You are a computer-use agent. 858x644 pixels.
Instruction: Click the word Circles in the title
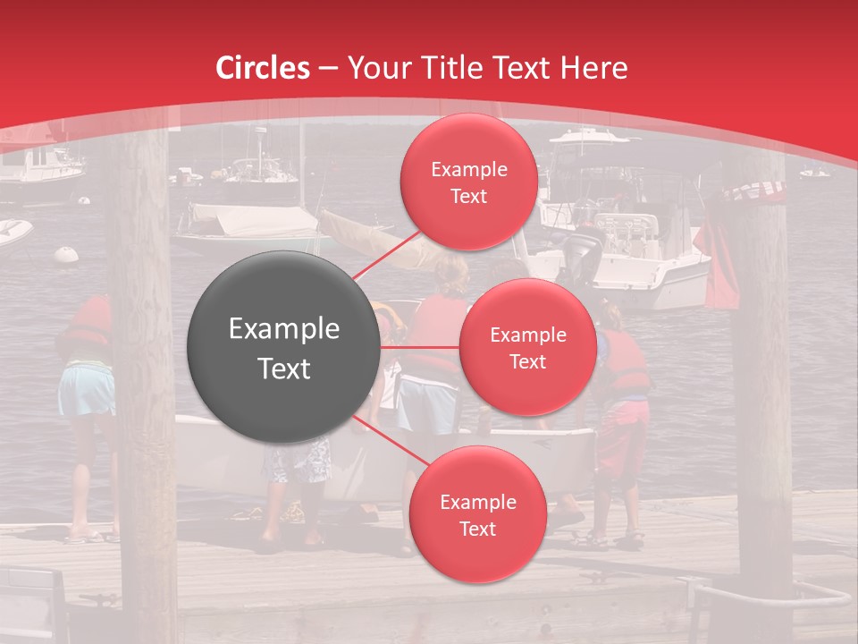pos(262,68)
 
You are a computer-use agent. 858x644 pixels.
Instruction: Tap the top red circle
pos(468,182)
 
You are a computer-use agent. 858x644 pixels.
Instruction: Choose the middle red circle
pos(527,347)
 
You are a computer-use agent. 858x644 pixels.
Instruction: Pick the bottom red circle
pos(477,514)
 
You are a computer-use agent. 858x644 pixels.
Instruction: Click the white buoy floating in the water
pos(66,255)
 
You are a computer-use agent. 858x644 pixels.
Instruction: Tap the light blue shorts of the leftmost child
pos(86,391)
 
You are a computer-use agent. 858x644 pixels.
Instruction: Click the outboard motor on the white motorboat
pos(583,255)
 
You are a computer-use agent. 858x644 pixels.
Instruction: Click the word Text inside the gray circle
pos(284,369)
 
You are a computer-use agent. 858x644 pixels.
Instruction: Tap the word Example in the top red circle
pos(468,170)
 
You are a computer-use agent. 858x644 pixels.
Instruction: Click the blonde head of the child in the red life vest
pos(452,274)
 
